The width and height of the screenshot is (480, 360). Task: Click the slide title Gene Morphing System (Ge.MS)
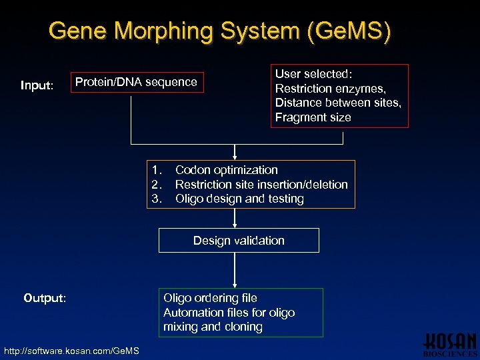[220, 31]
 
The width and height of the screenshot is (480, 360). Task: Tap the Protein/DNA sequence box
[137, 82]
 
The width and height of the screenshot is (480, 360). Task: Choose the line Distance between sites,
[338, 103]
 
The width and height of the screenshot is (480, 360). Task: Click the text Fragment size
[313, 117]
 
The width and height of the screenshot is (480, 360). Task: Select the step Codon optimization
[226, 170]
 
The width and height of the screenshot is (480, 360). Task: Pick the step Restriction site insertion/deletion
[261, 185]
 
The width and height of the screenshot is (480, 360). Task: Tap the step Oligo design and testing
[239, 199]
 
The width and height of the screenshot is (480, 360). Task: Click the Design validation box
[239, 241]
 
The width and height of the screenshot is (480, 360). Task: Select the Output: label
[45, 298]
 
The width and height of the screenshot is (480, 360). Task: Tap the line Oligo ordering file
[210, 298]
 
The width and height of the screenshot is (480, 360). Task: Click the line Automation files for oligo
[229, 313]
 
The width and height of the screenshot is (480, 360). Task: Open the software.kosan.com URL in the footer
[71, 351]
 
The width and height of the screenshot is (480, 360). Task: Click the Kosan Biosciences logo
[450, 345]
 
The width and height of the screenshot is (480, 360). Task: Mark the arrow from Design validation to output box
[234, 269]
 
